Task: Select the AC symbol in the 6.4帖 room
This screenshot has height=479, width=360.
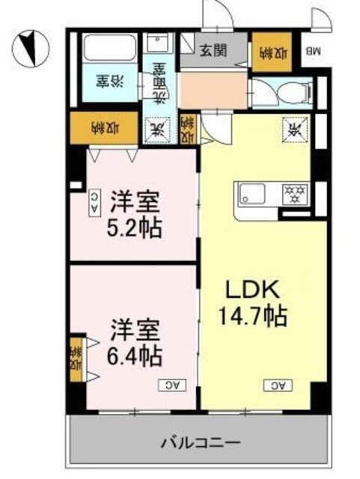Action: (x=170, y=385)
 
